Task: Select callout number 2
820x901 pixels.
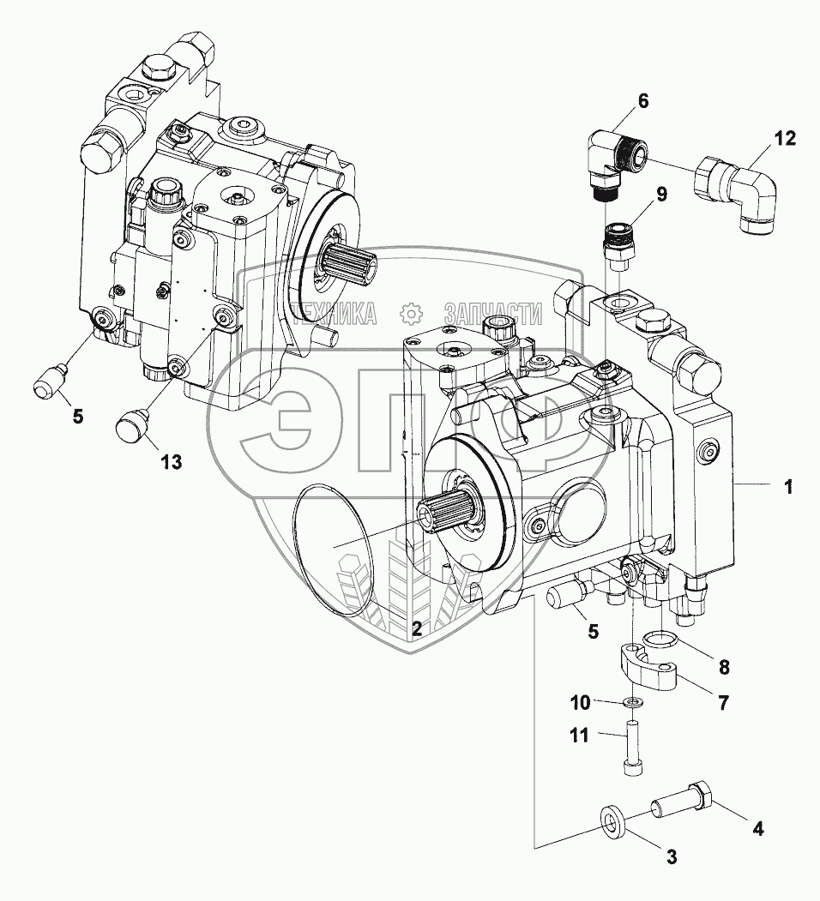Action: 416,628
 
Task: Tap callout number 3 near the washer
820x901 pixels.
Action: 672,855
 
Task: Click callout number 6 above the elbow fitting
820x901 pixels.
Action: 642,101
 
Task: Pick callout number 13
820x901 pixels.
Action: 171,462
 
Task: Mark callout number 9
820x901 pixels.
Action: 661,194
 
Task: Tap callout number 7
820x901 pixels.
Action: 723,704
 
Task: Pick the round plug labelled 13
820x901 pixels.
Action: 133,423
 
